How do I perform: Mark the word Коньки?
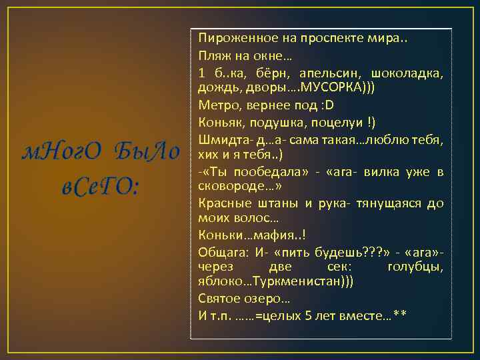[x=217, y=235]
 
